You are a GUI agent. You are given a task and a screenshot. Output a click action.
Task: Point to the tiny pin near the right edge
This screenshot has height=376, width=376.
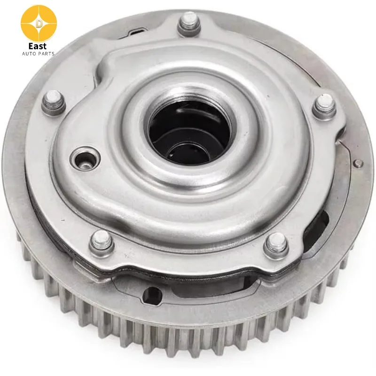pyautogui.click(x=359, y=164)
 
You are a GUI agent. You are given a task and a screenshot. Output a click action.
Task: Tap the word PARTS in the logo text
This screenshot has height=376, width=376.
pyautogui.click(x=45, y=54)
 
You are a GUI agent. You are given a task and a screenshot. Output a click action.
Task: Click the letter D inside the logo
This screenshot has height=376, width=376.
pyautogui.click(x=39, y=23)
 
